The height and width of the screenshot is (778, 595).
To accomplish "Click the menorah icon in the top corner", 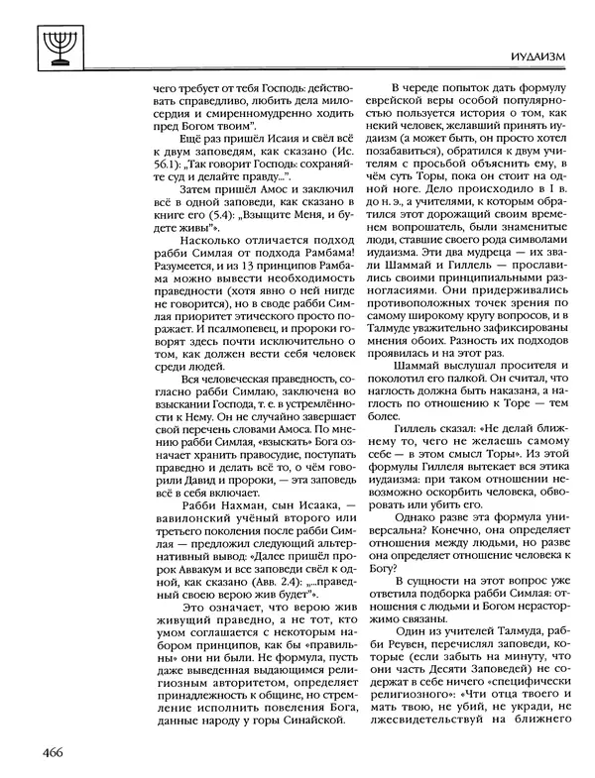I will coord(39,41).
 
